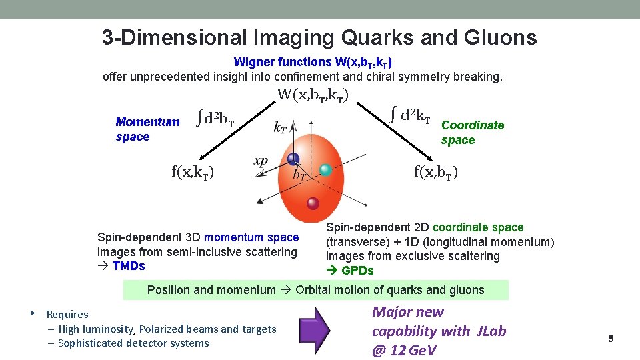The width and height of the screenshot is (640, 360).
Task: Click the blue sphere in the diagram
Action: point(293,159)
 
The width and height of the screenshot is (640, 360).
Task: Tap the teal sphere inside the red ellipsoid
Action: point(325,170)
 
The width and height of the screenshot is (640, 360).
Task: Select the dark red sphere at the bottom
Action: point(313,203)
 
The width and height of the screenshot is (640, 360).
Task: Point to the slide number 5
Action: point(610,339)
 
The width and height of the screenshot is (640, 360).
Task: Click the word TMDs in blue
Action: point(129,266)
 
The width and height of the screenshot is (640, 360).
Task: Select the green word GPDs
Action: point(357,271)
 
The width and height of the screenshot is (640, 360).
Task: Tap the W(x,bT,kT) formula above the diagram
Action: point(313,95)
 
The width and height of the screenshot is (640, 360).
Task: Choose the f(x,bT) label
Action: point(435,172)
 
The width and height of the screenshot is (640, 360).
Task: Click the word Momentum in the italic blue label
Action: point(147,122)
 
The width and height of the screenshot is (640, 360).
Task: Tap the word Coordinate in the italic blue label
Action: point(473,125)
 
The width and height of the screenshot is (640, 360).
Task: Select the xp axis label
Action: point(261,161)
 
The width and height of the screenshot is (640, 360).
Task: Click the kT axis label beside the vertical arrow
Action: point(281,127)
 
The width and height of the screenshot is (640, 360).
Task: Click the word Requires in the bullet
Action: point(67,315)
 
